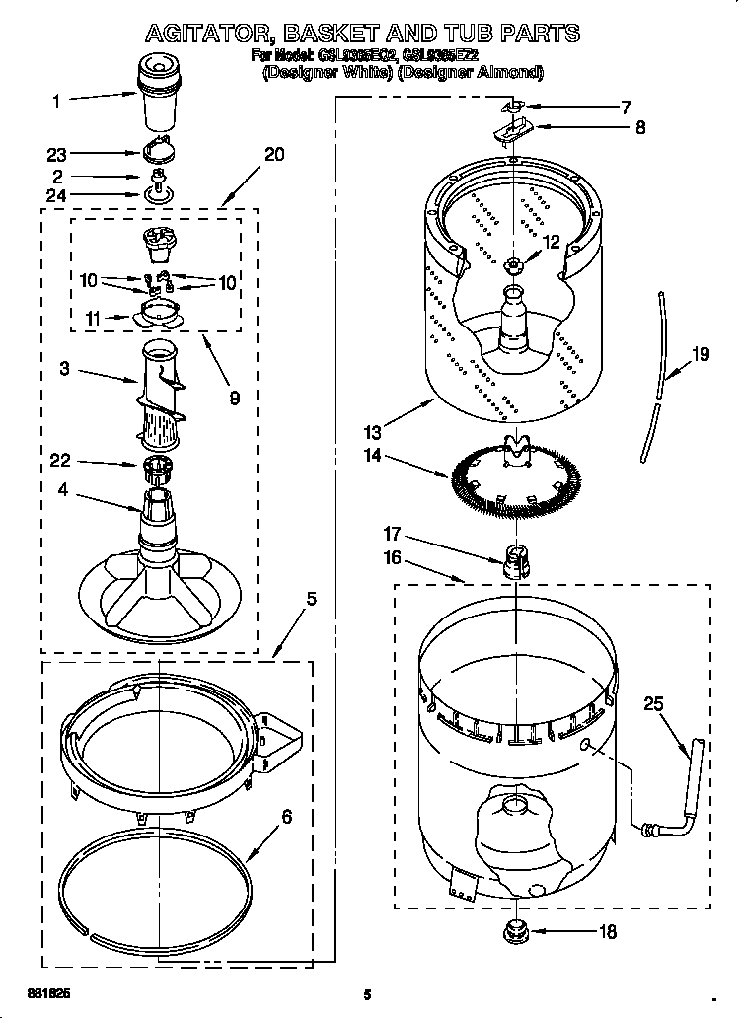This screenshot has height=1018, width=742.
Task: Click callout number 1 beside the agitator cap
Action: (56, 100)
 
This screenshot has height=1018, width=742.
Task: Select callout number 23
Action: (57, 154)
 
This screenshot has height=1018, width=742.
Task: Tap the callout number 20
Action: (274, 154)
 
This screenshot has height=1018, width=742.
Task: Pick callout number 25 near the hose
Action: (653, 704)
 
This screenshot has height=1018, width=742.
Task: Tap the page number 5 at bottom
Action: (366, 994)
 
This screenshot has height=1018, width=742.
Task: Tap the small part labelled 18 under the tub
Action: (515, 930)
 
